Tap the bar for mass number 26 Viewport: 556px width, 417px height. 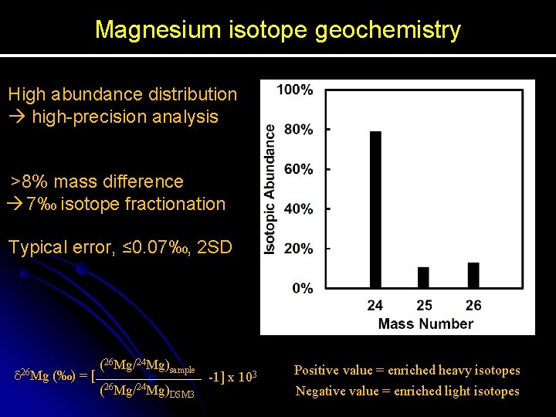473,275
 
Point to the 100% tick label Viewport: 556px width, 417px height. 295,90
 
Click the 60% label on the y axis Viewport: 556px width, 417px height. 297,169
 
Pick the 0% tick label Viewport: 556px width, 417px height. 301,288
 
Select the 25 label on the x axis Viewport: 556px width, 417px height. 424,306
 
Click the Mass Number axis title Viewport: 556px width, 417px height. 425,324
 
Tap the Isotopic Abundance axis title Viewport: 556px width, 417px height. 270,189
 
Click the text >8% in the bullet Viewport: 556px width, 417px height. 32,182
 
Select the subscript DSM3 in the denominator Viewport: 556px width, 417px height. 181,395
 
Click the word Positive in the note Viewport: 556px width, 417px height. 317,371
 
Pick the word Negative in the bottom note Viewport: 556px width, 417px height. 320,391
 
